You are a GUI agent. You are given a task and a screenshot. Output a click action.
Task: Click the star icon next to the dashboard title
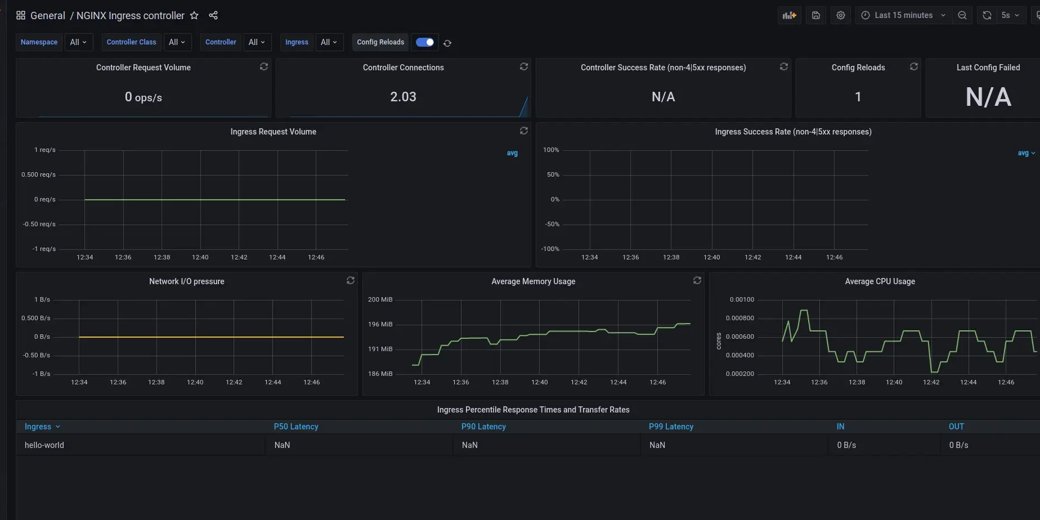click(194, 16)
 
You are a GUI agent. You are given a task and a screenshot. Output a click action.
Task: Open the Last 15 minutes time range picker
click(903, 15)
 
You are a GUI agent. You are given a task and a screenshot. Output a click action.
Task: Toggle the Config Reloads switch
click(425, 42)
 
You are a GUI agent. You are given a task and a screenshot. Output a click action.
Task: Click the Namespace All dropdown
click(78, 42)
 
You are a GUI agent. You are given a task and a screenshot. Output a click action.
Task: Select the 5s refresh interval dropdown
click(1010, 15)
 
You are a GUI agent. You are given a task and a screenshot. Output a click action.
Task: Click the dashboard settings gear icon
click(840, 15)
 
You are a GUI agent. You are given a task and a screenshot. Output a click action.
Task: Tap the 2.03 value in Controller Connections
click(403, 97)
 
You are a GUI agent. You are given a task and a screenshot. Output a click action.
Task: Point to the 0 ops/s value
click(144, 97)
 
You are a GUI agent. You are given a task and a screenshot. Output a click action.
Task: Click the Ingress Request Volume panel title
click(273, 132)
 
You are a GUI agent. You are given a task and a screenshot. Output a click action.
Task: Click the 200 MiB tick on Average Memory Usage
click(380, 299)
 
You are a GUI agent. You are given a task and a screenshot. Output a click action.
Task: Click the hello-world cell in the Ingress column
click(44, 445)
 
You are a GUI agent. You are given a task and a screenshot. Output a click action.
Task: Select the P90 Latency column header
click(483, 427)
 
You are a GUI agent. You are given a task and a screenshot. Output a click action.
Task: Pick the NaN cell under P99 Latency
click(657, 445)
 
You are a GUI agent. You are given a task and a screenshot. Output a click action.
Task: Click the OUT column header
click(956, 427)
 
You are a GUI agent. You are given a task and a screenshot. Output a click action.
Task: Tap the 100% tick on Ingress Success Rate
click(551, 150)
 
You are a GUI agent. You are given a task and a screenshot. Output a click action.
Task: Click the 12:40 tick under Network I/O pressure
click(195, 382)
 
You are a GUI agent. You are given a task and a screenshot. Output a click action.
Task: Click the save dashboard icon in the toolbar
click(815, 15)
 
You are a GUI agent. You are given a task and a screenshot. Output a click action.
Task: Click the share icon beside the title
click(213, 15)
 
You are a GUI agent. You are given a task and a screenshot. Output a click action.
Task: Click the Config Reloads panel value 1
click(858, 97)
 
